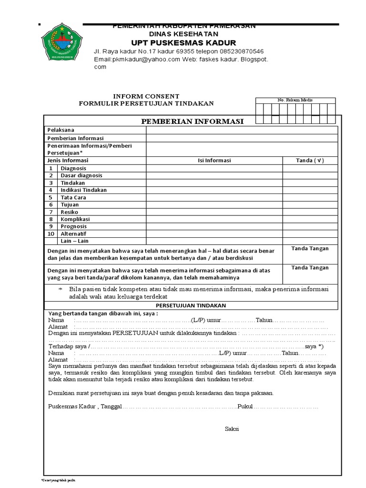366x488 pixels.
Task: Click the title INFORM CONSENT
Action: [x=146, y=96]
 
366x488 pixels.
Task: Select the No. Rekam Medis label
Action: [x=295, y=100]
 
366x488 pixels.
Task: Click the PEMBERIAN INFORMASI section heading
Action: [x=192, y=122]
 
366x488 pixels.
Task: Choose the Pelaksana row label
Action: [x=61, y=130]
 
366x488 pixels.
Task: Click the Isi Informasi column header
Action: [x=214, y=161]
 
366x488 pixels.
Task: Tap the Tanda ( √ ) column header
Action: [x=310, y=161]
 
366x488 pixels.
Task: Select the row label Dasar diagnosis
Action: [x=81, y=175]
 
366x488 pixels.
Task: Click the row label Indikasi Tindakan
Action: [x=84, y=190]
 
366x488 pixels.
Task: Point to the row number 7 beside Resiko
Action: [x=50, y=212]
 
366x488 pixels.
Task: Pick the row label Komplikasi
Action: [x=76, y=219]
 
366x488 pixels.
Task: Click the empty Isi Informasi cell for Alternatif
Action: [x=214, y=234]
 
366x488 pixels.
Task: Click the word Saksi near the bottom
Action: [x=232, y=429]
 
